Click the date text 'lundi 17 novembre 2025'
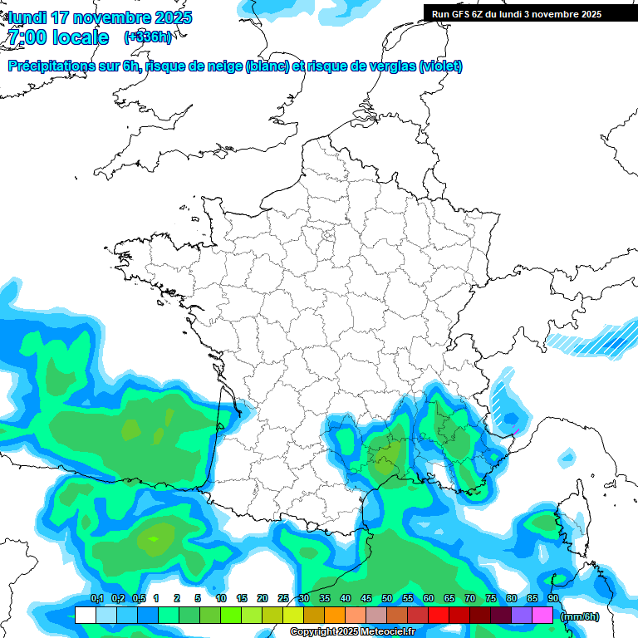tap(100, 17)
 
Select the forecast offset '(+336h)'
tap(148, 37)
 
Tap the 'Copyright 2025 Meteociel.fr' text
tap(352, 631)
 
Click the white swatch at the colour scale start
tap(85, 616)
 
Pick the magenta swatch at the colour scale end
tap(542, 616)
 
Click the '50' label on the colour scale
tap(387, 598)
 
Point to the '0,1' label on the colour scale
tap(97, 598)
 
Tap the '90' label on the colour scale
tap(553, 598)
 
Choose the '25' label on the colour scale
tap(283, 598)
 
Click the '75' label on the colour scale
tap(491, 598)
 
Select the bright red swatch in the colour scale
tap(439, 616)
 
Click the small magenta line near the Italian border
tap(514, 433)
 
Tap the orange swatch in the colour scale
tap(335, 616)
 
